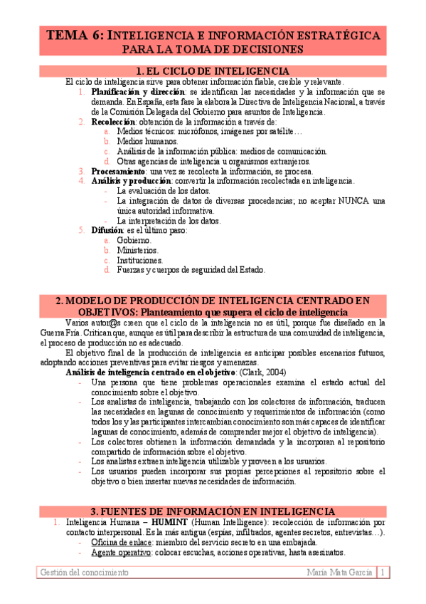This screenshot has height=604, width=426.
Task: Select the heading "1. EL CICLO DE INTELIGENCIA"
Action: pyautogui.click(x=212, y=71)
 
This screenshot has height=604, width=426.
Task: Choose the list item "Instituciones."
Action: pyautogui.click(x=140, y=261)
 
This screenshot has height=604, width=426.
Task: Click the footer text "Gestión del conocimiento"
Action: pyautogui.click(x=85, y=573)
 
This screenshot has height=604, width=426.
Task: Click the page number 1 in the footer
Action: pyautogui.click(x=383, y=573)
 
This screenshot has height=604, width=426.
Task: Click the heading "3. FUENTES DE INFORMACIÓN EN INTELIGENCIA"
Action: pyautogui.click(x=212, y=511)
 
